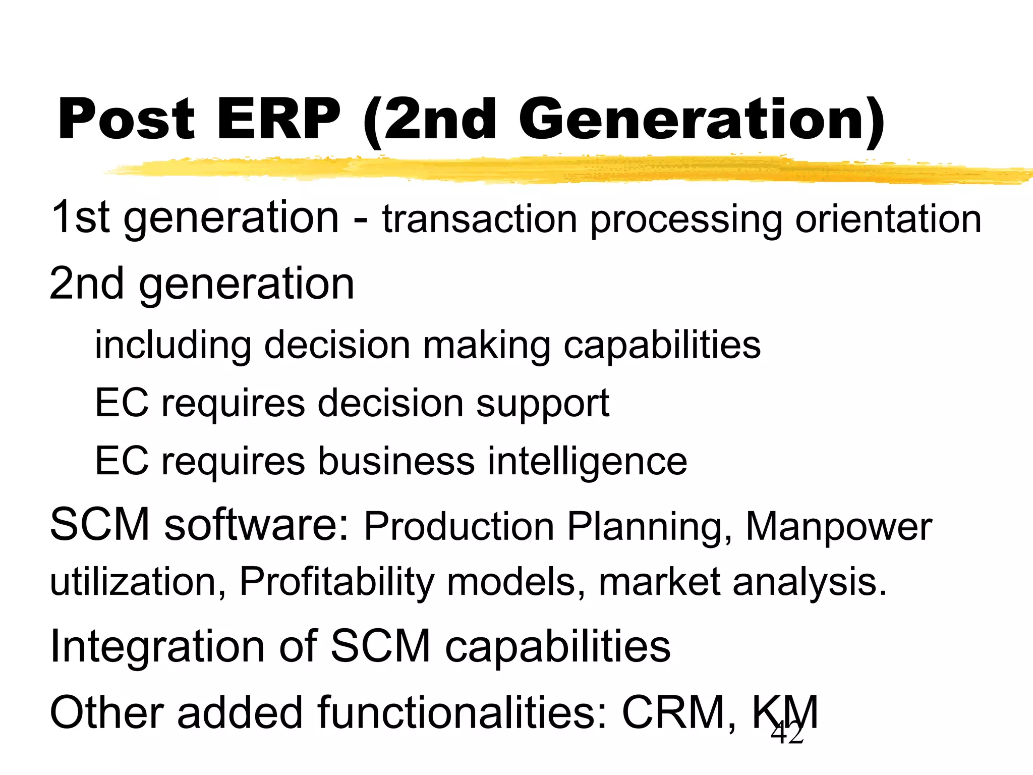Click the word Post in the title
click(126, 120)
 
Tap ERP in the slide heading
click(278, 120)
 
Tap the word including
click(173, 346)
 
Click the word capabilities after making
click(662, 346)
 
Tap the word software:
click(256, 525)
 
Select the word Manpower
click(838, 527)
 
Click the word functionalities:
click(462, 712)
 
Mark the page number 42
click(787, 733)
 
